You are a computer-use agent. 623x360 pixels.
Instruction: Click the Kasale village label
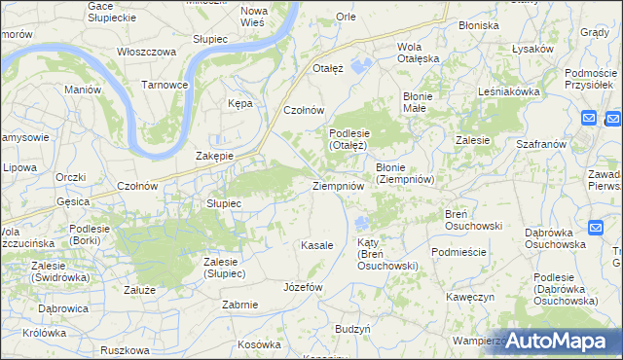317,245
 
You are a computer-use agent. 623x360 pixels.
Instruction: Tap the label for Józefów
302,287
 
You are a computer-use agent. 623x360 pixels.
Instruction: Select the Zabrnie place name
239,305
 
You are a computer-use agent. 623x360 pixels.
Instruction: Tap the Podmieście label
458,251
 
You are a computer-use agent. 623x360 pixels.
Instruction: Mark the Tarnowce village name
165,85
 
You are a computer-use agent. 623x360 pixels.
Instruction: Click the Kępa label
239,103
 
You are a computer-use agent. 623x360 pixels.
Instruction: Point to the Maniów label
83,90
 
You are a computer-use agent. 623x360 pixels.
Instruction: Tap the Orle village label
346,17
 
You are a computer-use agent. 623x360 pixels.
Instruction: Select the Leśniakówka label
509,90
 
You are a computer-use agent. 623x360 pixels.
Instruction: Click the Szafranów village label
542,143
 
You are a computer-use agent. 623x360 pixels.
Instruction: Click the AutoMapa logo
558,340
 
